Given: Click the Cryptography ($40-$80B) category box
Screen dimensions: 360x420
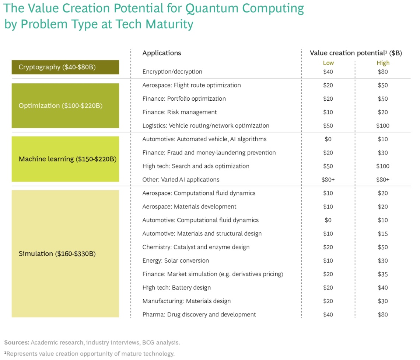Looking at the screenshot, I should coord(65,67).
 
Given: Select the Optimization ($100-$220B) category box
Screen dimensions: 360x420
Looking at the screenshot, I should coord(65,105).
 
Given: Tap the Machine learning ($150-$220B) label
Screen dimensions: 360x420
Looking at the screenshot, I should coord(67,159).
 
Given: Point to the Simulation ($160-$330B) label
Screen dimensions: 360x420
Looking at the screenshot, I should coord(57,253).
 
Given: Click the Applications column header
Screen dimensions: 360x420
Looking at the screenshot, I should coord(162,53).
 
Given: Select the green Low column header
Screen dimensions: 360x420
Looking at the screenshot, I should coord(328,63).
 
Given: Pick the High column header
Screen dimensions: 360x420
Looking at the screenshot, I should coord(383,63).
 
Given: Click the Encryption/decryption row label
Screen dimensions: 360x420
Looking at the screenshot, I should coord(172,72).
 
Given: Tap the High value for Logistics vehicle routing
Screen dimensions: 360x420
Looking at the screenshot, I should coord(383,125).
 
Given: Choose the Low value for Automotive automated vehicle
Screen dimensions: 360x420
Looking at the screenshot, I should coord(328,139).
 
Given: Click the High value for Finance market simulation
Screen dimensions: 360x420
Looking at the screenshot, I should coord(383,274).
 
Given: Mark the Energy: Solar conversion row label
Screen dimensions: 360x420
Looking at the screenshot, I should coord(175,260).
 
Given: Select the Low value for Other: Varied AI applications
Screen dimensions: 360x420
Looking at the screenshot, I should coord(328,180).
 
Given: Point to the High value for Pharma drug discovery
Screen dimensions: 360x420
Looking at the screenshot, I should coord(383,315).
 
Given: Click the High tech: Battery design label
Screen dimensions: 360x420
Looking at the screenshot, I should coord(176,287).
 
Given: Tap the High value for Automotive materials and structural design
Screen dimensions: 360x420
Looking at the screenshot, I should coord(383,233).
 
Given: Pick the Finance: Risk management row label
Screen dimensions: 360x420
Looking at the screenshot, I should coord(179,112).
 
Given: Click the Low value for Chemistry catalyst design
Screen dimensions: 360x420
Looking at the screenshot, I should coord(328,247).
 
